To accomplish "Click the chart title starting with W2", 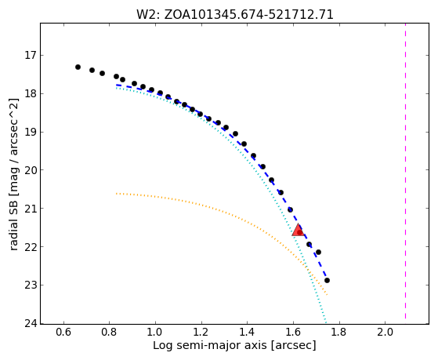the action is coord(234,14).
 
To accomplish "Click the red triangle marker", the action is coord(299,231).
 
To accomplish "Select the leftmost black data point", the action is coord(78,67).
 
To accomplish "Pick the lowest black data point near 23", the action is coord(327,280).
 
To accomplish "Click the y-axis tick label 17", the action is coord(31,55).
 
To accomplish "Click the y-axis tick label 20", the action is coord(31,170).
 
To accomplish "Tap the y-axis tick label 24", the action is coord(31,323).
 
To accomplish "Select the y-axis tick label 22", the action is coord(31,247).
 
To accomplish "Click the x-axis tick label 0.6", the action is coord(63,332).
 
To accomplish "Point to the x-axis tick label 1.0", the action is coord(155,332).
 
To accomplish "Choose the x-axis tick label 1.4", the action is coord(248,332).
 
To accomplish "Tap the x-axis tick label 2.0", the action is coord(385,332).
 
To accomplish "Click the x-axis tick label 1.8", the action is coord(339,332).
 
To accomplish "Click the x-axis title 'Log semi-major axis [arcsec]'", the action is coord(234,345).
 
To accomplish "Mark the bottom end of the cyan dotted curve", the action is coord(326,323).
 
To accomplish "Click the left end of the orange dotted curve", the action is coord(116,193).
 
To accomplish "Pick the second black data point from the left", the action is coord(92,70).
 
